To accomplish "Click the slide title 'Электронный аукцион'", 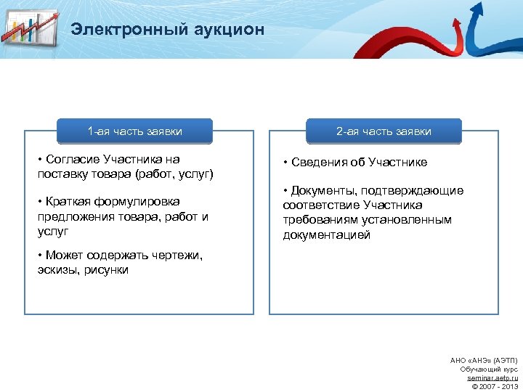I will pos(168,30).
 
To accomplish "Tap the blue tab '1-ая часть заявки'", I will pos(134,131).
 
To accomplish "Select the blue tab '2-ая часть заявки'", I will pos(384,131).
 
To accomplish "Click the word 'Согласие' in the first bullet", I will pos(73,159).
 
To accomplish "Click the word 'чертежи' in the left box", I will pos(178,255).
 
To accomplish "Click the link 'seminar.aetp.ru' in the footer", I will pos(492,378).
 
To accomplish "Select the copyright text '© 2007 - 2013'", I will pos(495,386).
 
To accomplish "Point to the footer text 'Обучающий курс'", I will pos(489,369).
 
